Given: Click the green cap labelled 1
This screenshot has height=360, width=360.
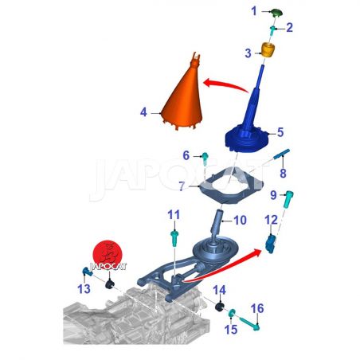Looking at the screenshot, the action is click(276, 12).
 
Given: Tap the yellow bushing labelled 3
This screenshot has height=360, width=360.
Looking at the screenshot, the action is click(268, 49).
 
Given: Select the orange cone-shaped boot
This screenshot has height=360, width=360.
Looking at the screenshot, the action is click(182, 95).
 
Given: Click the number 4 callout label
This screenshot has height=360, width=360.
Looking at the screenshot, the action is click(143, 112).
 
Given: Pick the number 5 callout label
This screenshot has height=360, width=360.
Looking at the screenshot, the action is click(280, 132).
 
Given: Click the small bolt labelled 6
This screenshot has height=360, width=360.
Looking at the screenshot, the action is click(205, 158).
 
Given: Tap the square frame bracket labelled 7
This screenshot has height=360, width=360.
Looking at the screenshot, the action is click(230, 186).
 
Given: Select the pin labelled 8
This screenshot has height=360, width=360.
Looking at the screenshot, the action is click(282, 154).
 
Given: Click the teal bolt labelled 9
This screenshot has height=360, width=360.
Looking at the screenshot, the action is click(288, 199).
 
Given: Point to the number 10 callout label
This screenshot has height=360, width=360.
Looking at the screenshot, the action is click(240, 221).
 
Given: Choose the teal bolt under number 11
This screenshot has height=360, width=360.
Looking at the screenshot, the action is click(174, 239).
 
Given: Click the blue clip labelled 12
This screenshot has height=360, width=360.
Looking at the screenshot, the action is click(271, 244).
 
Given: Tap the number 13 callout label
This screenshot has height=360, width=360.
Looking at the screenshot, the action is click(84, 289).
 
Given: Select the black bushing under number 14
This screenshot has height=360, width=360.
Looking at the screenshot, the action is click(219, 307).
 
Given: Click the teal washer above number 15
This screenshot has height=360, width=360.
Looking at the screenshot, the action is click(232, 313).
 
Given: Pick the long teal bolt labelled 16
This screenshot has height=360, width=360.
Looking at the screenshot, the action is click(249, 323).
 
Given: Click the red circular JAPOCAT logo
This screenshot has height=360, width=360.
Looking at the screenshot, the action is click(108, 254).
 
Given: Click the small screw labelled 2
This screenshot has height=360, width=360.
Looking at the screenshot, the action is click(273, 30).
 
